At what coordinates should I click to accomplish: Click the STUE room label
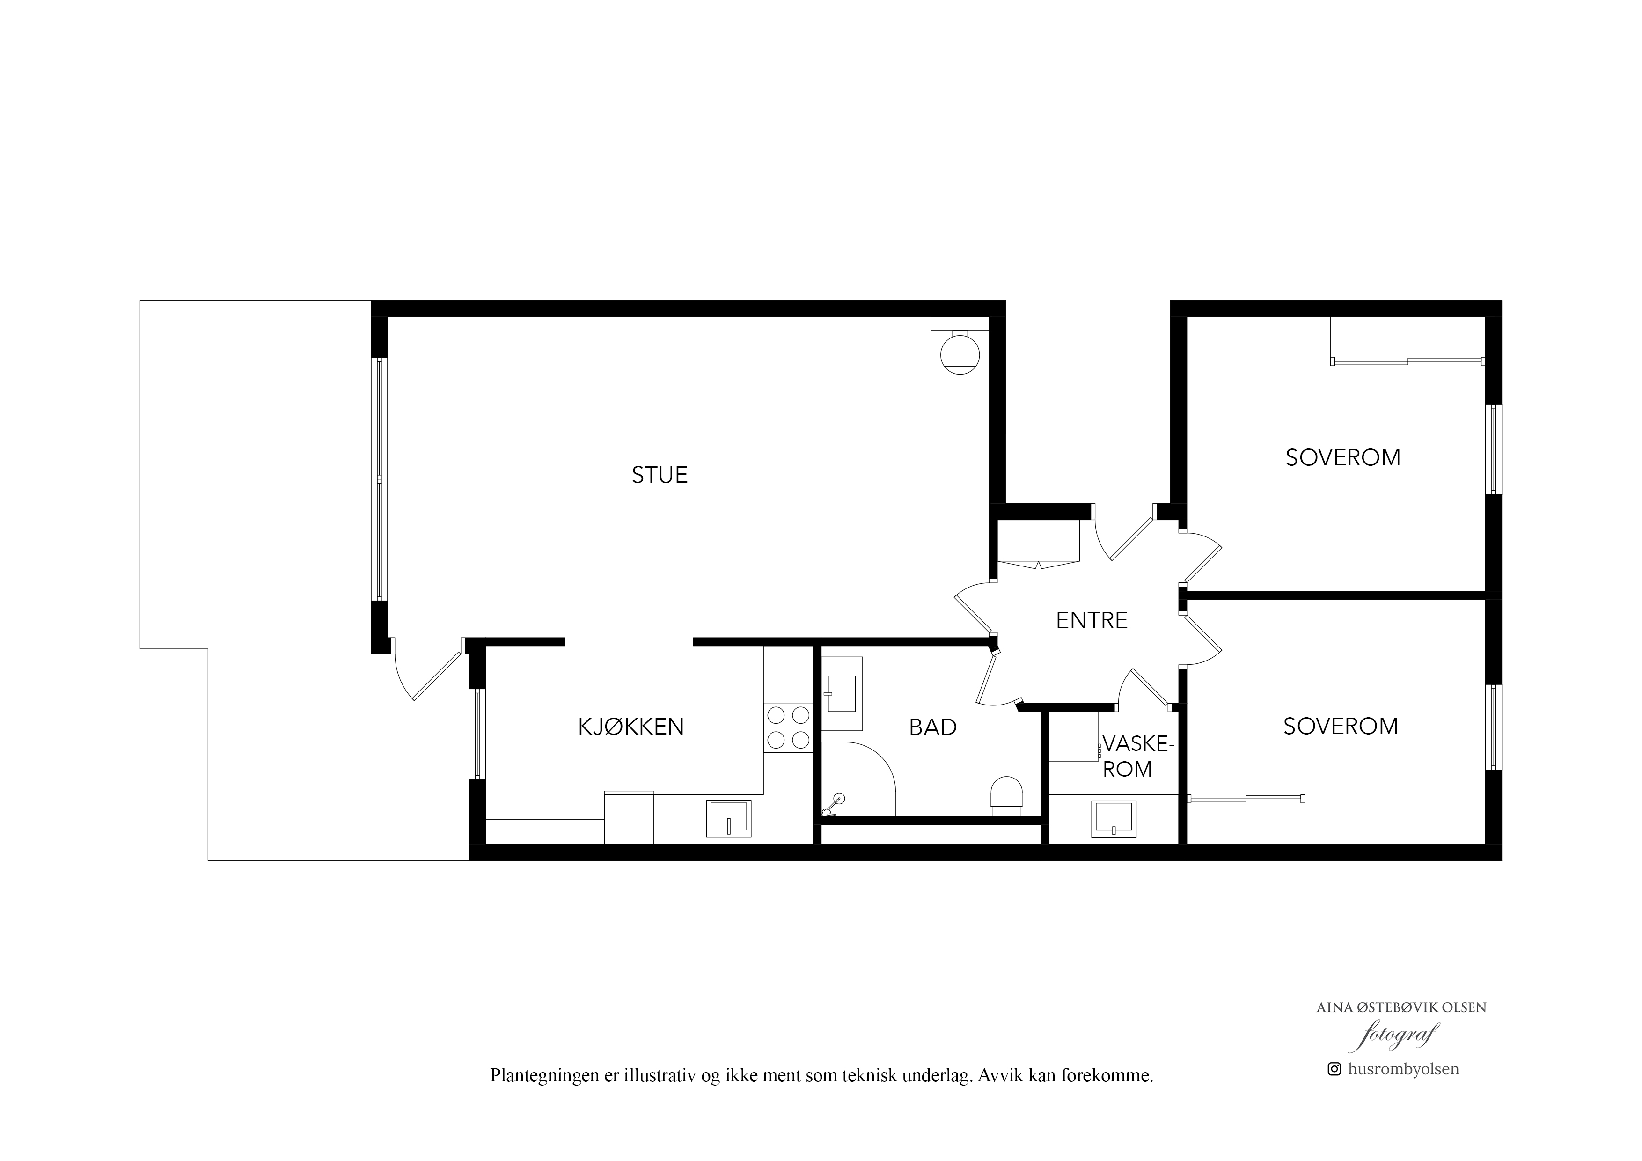point(660,475)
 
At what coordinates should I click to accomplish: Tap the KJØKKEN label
point(631,727)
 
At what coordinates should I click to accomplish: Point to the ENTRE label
point(1092,620)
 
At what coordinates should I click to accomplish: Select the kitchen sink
point(729,818)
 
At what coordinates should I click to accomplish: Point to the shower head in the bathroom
point(834,805)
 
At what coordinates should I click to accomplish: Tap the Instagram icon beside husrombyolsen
point(1334,1089)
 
